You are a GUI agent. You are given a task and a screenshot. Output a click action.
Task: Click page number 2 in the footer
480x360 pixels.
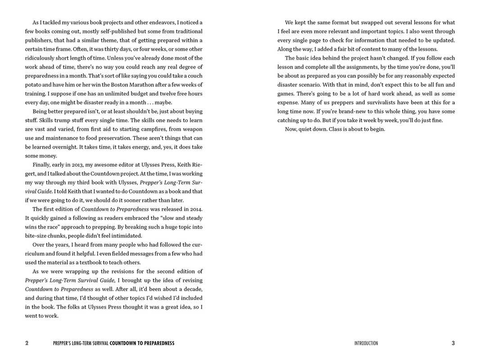[27, 343]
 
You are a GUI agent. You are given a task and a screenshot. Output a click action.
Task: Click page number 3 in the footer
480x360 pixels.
[453, 343]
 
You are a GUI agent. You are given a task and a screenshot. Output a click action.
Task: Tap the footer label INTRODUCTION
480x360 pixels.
[366, 343]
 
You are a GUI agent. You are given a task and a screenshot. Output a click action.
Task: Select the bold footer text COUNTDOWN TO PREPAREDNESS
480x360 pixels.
[142, 343]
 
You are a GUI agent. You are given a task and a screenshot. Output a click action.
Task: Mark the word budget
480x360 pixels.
[140, 94]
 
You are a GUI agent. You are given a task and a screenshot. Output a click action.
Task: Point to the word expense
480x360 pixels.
[289, 103]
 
